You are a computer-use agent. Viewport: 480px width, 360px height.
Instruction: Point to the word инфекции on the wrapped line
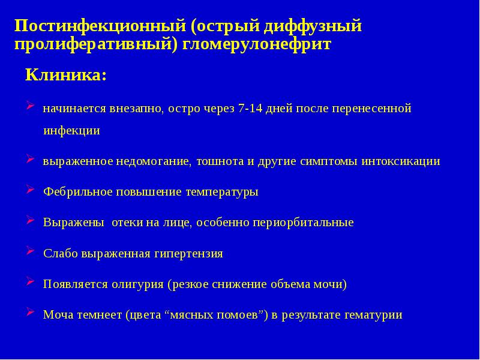coord(71,131)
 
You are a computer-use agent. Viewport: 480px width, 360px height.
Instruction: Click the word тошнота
coord(220,161)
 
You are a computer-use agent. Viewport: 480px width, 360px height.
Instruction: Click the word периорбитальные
coord(305,223)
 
